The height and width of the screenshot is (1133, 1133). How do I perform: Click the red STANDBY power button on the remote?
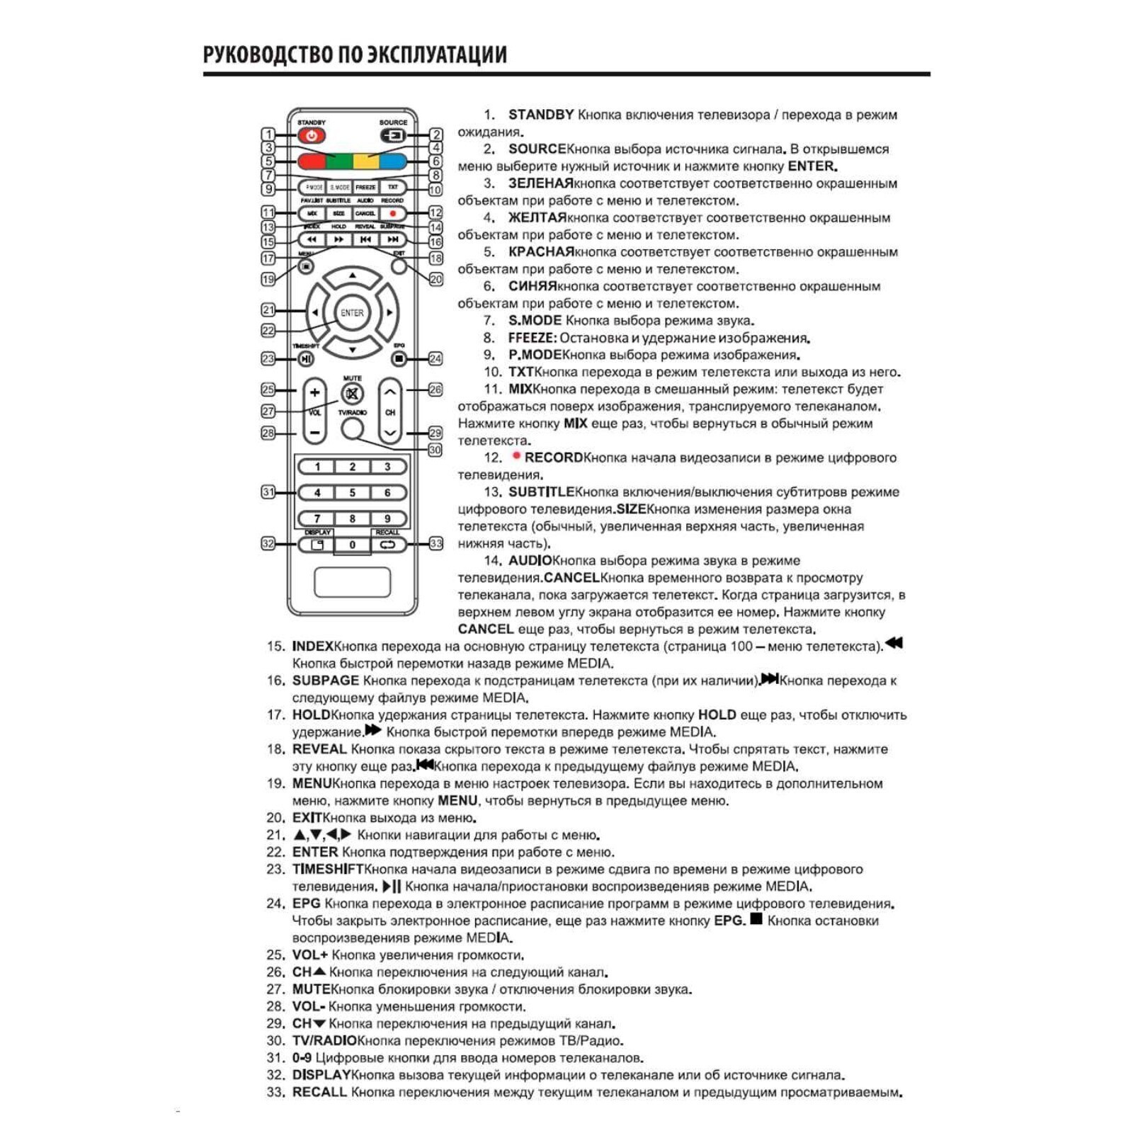pyautogui.click(x=312, y=135)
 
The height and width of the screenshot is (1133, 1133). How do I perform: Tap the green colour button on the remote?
pyautogui.click(x=339, y=161)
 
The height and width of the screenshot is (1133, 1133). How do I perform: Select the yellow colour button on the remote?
pyautogui.click(x=366, y=161)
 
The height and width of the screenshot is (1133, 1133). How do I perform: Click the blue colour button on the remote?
pyautogui.click(x=394, y=161)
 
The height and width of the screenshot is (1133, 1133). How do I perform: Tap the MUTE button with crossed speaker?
pyautogui.click(x=352, y=394)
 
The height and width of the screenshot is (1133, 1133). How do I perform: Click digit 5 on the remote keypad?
pyautogui.click(x=352, y=493)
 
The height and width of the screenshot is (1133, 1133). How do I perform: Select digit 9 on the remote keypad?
pyautogui.click(x=387, y=518)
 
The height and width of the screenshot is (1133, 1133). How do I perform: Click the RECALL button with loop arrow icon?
pyautogui.click(x=387, y=545)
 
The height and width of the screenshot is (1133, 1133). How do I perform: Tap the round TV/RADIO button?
pyautogui.click(x=352, y=428)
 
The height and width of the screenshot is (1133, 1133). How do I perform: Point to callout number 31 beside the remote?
pyautogui.click(x=268, y=492)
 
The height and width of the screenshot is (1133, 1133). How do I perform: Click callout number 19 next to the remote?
pyautogui.click(x=268, y=279)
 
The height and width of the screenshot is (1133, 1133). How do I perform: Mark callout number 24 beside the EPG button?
pyautogui.click(x=435, y=359)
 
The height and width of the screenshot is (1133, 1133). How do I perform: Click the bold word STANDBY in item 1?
pyautogui.click(x=541, y=115)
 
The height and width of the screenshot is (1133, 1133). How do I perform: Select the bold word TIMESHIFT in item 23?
pyautogui.click(x=328, y=869)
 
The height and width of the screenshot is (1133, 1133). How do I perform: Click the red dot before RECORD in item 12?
pyautogui.click(x=517, y=456)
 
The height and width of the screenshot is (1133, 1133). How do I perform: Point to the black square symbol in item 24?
pyautogui.click(x=756, y=919)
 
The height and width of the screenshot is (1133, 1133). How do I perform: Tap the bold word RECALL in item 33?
pyautogui.click(x=319, y=1092)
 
